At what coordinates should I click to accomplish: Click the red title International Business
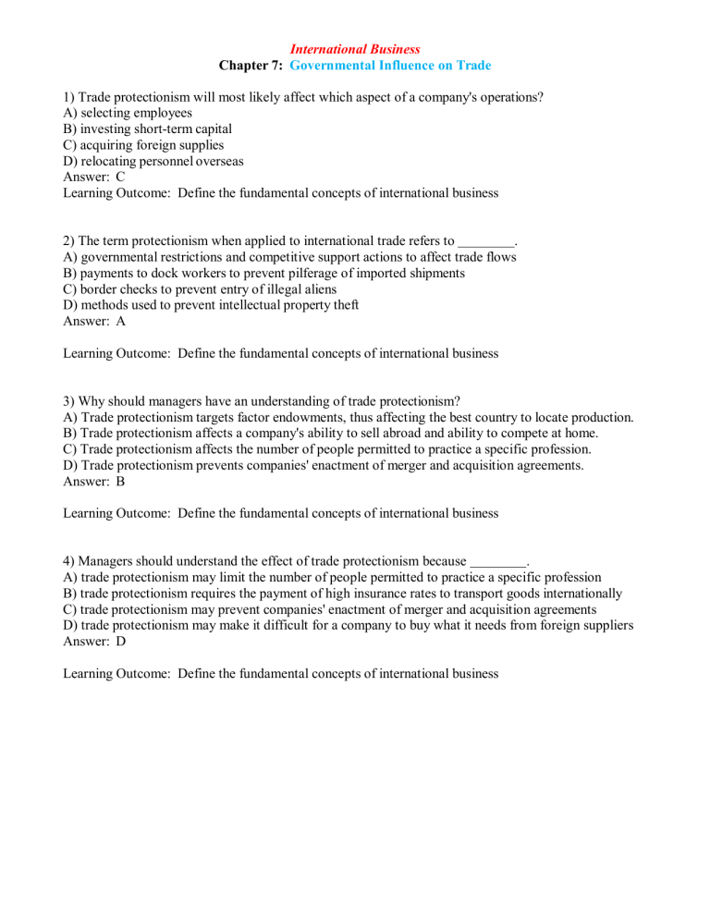coord(354,48)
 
